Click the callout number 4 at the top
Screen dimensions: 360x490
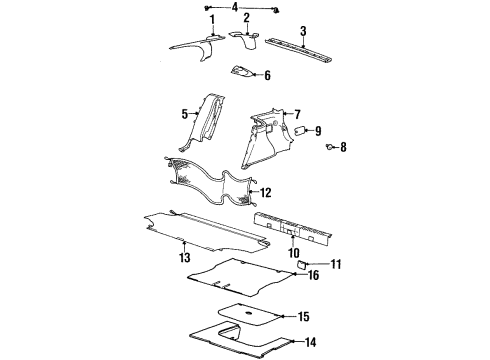(x=234, y=7)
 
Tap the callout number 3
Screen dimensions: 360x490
(x=303, y=31)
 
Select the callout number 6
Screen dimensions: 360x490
(x=267, y=74)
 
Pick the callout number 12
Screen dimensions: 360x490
(x=265, y=191)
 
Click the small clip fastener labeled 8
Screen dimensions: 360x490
(x=329, y=148)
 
